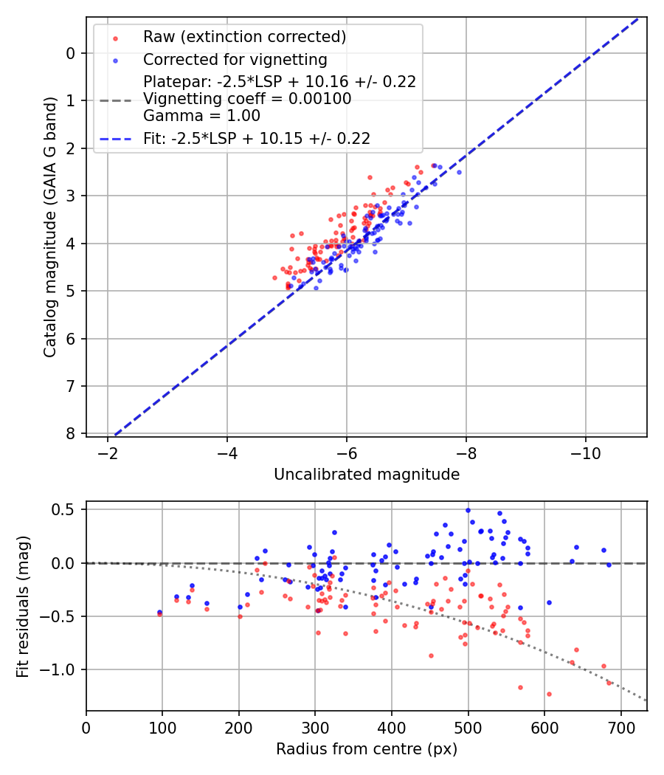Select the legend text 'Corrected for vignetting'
pos(235,59)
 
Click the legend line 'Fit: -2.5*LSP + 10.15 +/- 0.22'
pos(117,138)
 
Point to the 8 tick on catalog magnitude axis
pos(71,433)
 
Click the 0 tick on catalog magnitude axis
pos(71,52)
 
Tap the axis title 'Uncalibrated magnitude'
pos(367,474)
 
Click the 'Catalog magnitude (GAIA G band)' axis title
pos(49,244)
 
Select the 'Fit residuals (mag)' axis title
pos(23,605)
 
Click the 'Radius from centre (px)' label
pos(367,749)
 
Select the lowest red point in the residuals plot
pos(549,694)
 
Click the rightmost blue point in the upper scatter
pos(458,172)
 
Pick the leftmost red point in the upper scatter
pos(275,278)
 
